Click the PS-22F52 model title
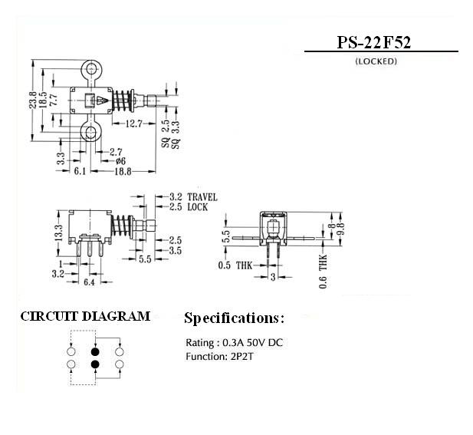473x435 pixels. [374, 42]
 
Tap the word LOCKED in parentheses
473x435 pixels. [376, 61]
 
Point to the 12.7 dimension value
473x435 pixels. [133, 124]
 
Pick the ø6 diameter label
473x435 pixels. [120, 161]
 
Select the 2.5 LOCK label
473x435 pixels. [189, 207]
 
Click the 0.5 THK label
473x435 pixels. [235, 265]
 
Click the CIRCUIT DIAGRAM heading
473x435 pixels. [85, 316]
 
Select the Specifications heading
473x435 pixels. [234, 318]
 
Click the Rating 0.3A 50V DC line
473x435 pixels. [234, 342]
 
